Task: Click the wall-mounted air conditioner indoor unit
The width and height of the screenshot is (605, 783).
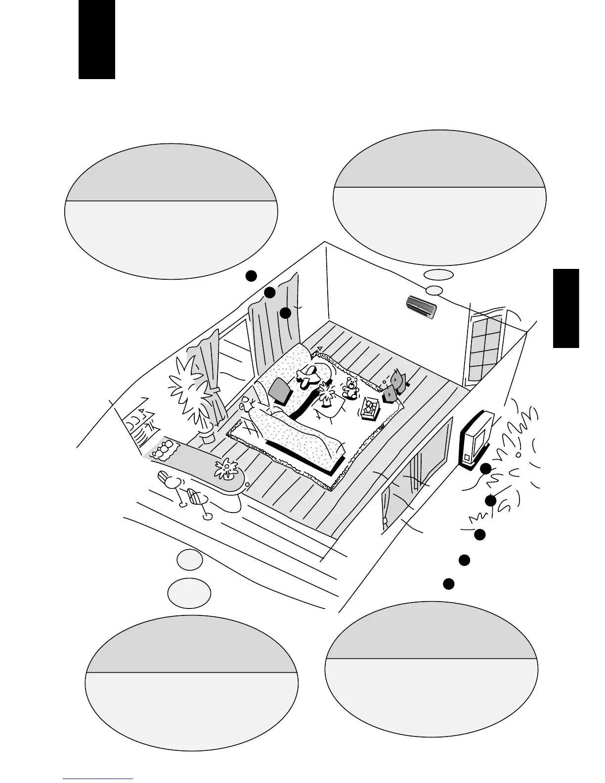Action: point(421,307)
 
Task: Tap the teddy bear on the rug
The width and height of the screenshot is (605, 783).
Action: point(351,387)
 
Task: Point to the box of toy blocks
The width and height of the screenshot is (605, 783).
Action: point(370,409)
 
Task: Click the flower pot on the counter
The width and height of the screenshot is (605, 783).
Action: point(226,469)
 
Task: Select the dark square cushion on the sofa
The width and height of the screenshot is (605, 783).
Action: point(281,391)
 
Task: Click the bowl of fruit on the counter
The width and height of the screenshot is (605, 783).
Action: point(163,449)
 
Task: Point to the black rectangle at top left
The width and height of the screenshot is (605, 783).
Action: point(97,39)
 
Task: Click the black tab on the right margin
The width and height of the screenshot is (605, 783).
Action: point(566,308)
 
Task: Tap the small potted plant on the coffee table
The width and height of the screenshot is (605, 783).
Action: point(326,394)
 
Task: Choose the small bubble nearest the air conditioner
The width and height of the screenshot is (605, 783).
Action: point(434,290)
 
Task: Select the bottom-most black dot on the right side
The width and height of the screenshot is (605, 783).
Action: point(448,583)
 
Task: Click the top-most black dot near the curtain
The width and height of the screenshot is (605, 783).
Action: point(251,276)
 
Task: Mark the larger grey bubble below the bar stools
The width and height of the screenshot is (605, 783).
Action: point(189,592)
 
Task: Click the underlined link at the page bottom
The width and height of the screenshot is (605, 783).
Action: point(98,780)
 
